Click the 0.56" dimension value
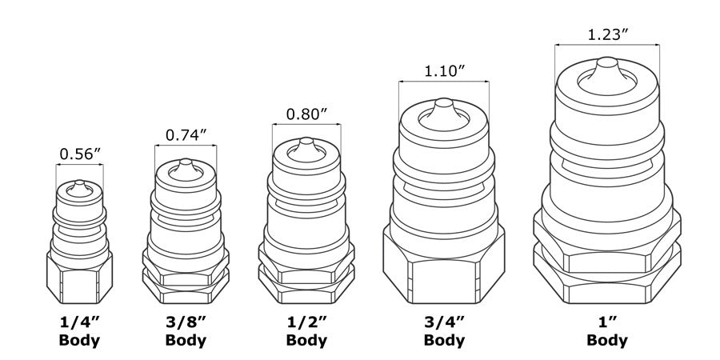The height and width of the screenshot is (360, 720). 79,153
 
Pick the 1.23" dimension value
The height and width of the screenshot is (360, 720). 607,35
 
